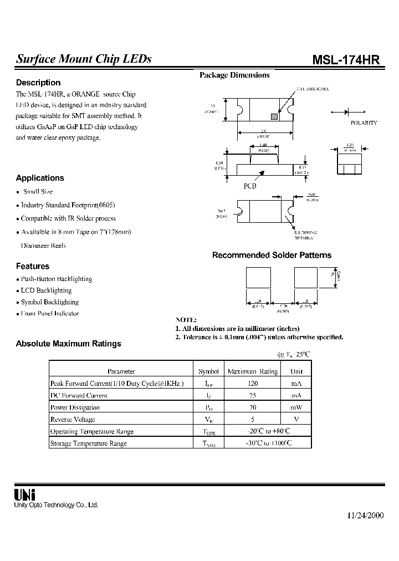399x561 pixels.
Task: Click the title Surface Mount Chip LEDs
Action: click(x=84, y=59)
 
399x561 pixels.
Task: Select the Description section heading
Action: click(x=38, y=83)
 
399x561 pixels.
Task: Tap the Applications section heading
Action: click(x=40, y=178)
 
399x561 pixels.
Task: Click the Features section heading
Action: click(x=33, y=266)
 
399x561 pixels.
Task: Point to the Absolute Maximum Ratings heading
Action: click(x=69, y=344)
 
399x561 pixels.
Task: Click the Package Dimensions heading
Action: click(x=234, y=75)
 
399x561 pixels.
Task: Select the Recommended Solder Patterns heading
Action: click(x=272, y=256)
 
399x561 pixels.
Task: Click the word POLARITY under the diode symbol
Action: click(x=364, y=123)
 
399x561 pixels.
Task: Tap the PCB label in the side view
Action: click(x=250, y=186)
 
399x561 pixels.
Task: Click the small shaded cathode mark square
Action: click(x=273, y=116)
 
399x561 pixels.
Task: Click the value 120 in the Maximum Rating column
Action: click(x=253, y=384)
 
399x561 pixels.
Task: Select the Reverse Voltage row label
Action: click(x=73, y=420)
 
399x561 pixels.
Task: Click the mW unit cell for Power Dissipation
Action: click(x=296, y=407)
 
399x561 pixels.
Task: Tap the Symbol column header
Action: click(x=208, y=371)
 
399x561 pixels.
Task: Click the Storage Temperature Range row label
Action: click(x=89, y=443)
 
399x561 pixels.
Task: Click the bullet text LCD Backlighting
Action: click(x=47, y=290)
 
